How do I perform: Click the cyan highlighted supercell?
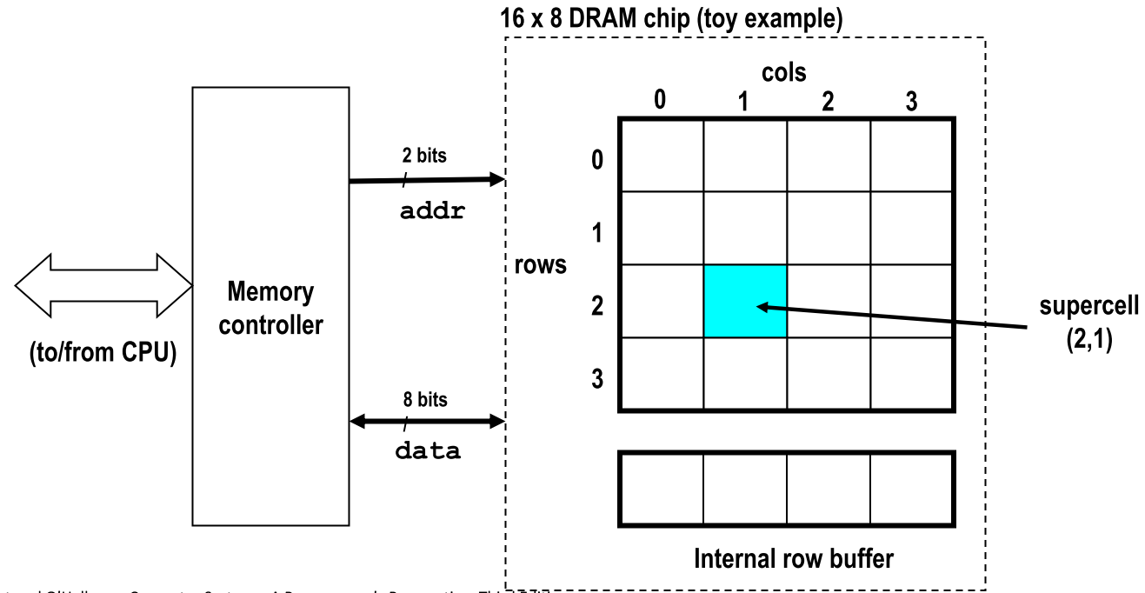[x=745, y=301]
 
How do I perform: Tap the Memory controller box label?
[x=270, y=308]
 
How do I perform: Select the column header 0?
[x=661, y=101]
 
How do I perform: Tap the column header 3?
[x=911, y=101]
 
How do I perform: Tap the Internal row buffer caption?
[x=793, y=558]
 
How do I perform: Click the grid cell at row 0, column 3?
[x=911, y=155]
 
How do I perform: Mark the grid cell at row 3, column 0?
[x=662, y=374]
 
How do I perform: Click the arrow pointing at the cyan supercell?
[x=895, y=316]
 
